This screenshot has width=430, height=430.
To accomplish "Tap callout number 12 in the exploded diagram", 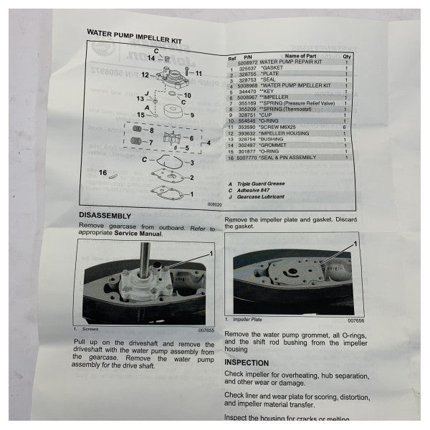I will (x=144, y=75).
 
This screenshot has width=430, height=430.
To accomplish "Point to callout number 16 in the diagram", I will (x=123, y=173).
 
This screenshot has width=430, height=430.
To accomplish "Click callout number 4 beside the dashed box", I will (x=208, y=143).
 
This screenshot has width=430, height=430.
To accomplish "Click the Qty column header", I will (x=348, y=56).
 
